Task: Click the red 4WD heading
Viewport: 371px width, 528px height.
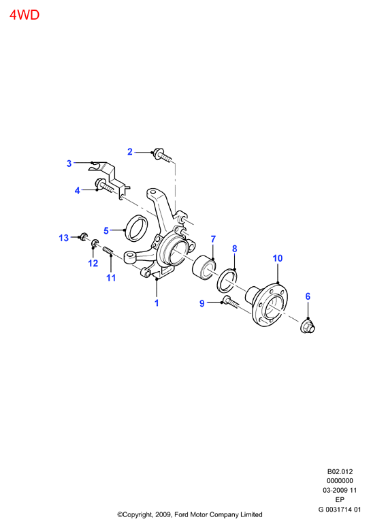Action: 25,15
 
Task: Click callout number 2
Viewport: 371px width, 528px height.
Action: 130,152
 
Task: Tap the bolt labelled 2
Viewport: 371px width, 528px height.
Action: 162,155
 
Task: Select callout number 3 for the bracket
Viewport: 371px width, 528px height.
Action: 69,164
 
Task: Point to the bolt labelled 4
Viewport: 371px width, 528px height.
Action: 105,185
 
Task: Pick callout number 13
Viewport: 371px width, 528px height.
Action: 63,238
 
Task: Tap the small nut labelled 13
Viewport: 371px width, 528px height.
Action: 84,236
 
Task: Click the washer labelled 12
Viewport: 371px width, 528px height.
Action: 95,243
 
